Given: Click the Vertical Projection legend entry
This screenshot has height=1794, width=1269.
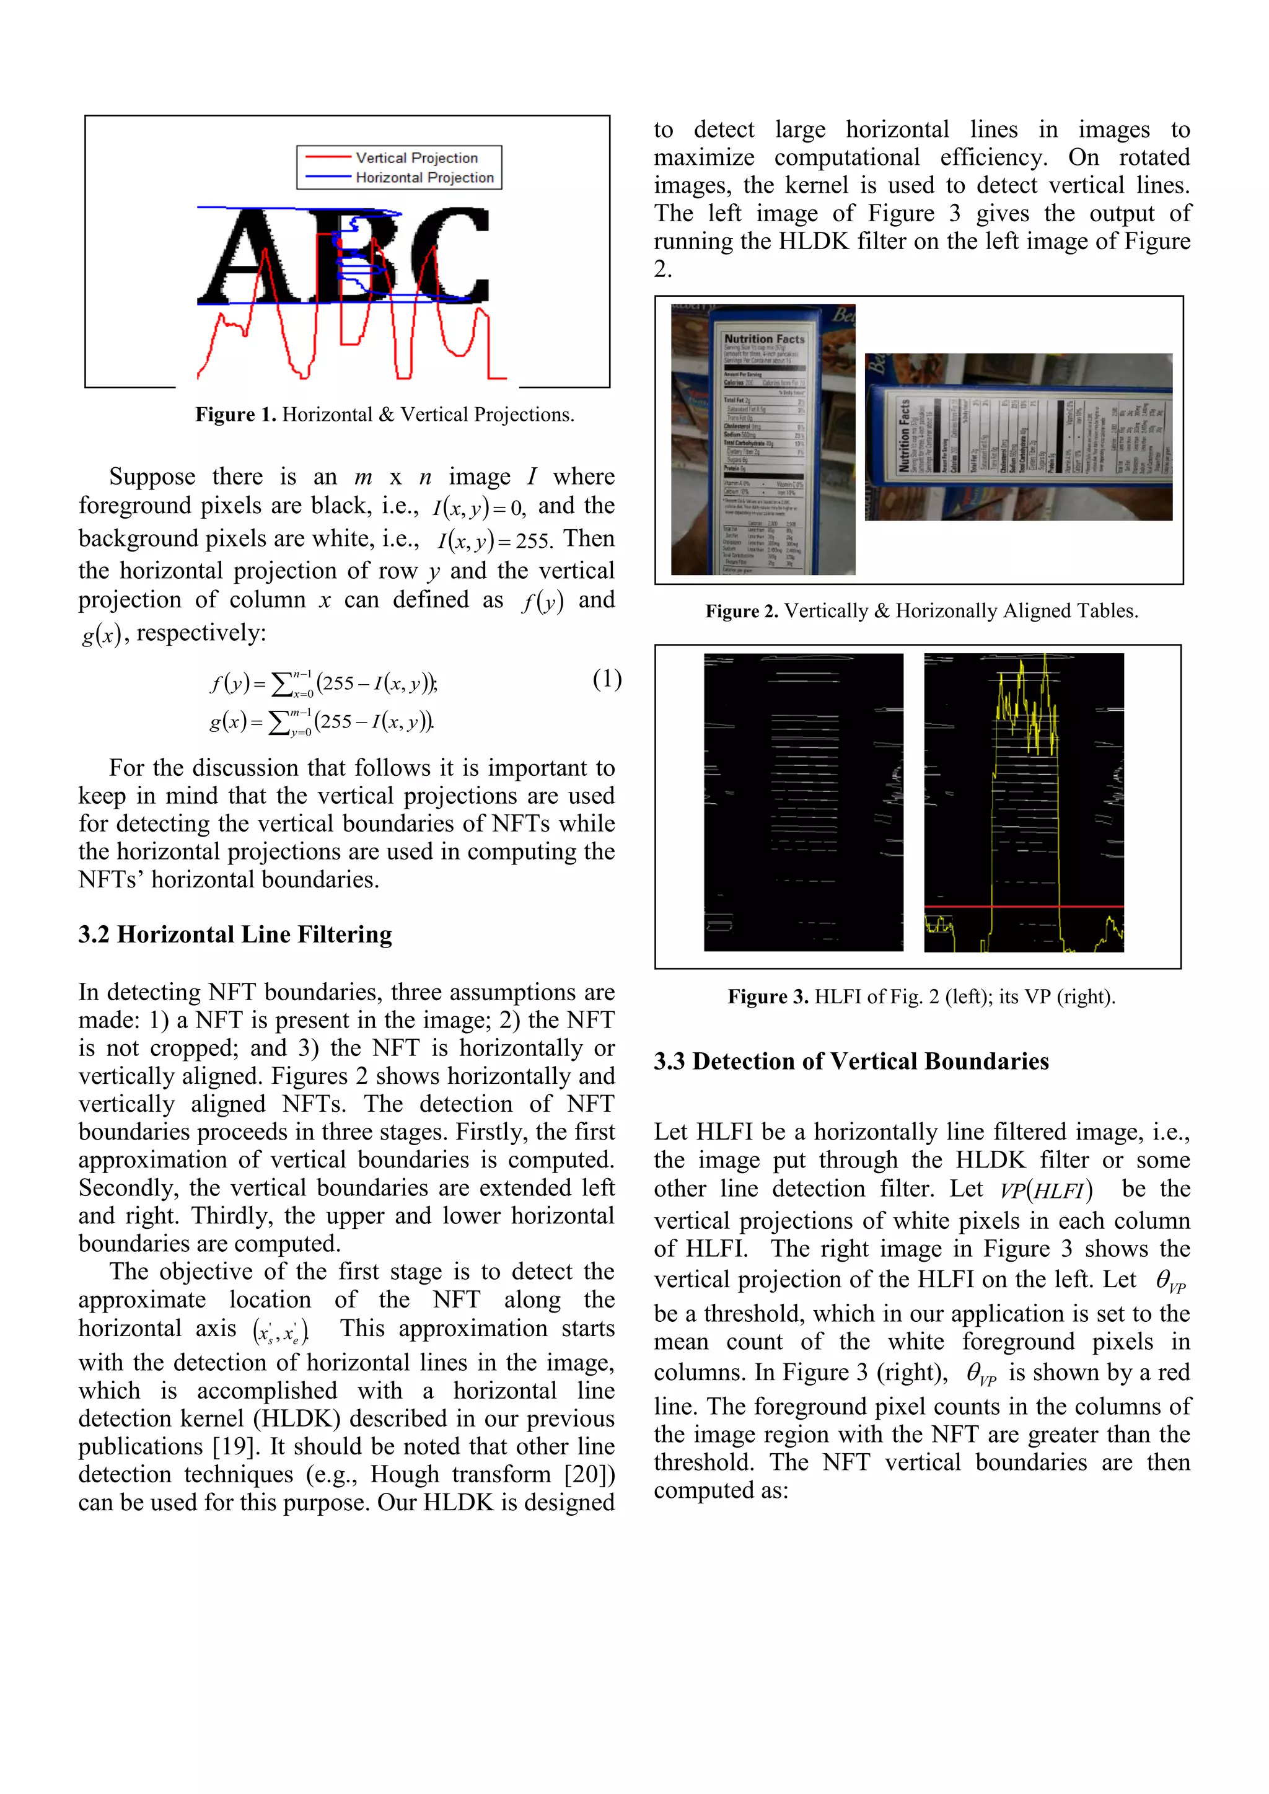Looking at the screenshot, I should tap(416, 158).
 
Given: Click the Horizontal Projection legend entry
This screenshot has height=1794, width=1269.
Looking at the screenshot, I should tap(424, 178).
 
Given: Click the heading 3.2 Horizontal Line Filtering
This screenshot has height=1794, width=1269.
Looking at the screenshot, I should tap(234, 934).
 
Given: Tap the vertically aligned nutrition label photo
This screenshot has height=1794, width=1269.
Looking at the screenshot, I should tap(763, 440).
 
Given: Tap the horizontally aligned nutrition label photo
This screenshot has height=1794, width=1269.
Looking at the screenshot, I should tap(1017, 437).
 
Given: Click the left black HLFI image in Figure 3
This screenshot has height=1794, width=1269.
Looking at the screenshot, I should tap(802, 802).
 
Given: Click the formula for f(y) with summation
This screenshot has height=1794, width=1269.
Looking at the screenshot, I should tap(323, 684).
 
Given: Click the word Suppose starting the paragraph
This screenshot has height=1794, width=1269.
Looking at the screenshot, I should tap(152, 477).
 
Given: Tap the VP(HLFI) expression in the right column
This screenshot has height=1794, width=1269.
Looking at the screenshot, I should tap(1045, 1190).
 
